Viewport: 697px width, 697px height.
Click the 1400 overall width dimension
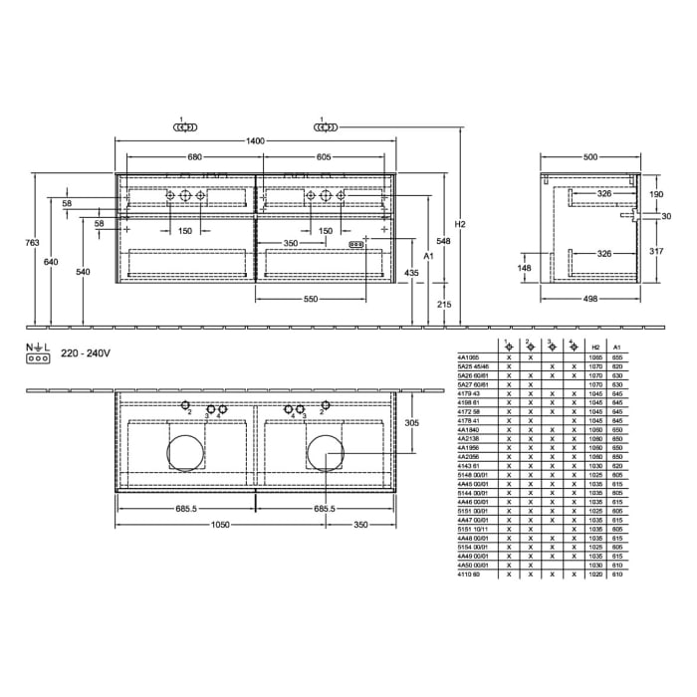pyautogui.click(x=256, y=142)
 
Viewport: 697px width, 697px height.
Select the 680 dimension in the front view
pyautogui.click(x=195, y=157)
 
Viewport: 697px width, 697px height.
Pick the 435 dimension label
pyautogui.click(x=412, y=272)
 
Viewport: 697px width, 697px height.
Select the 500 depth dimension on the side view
pyautogui.click(x=590, y=157)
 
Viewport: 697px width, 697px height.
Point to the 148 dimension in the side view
pyautogui.click(x=524, y=267)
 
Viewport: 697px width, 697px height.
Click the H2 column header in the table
pyautogui.click(x=596, y=348)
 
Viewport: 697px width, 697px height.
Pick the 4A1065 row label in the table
pyautogui.click(x=467, y=356)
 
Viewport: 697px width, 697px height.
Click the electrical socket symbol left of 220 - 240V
pyautogui.click(x=38, y=356)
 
